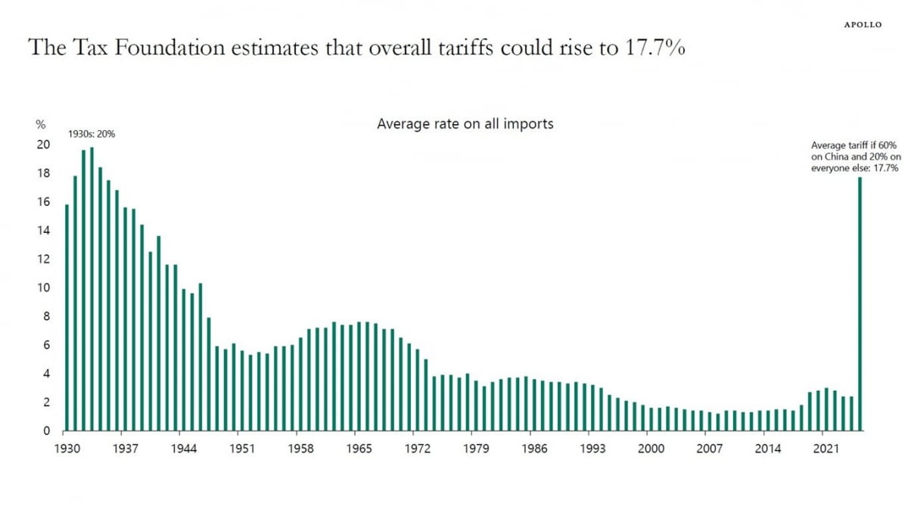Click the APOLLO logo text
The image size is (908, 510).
coord(863,24)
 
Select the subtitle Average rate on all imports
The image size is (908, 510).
coord(465,123)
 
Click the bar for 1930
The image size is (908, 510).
coord(67,318)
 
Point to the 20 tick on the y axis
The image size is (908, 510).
coord(44,145)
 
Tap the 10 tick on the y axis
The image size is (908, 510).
coord(44,288)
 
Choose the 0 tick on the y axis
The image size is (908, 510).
coord(47,431)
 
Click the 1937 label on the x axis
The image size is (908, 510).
coord(126,449)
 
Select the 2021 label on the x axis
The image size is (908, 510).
coord(826,449)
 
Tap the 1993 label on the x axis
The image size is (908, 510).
coord(592,449)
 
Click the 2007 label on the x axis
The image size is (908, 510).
coord(709,449)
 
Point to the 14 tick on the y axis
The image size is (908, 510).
coord(44,230)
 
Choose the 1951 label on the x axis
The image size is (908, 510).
coord(242,449)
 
